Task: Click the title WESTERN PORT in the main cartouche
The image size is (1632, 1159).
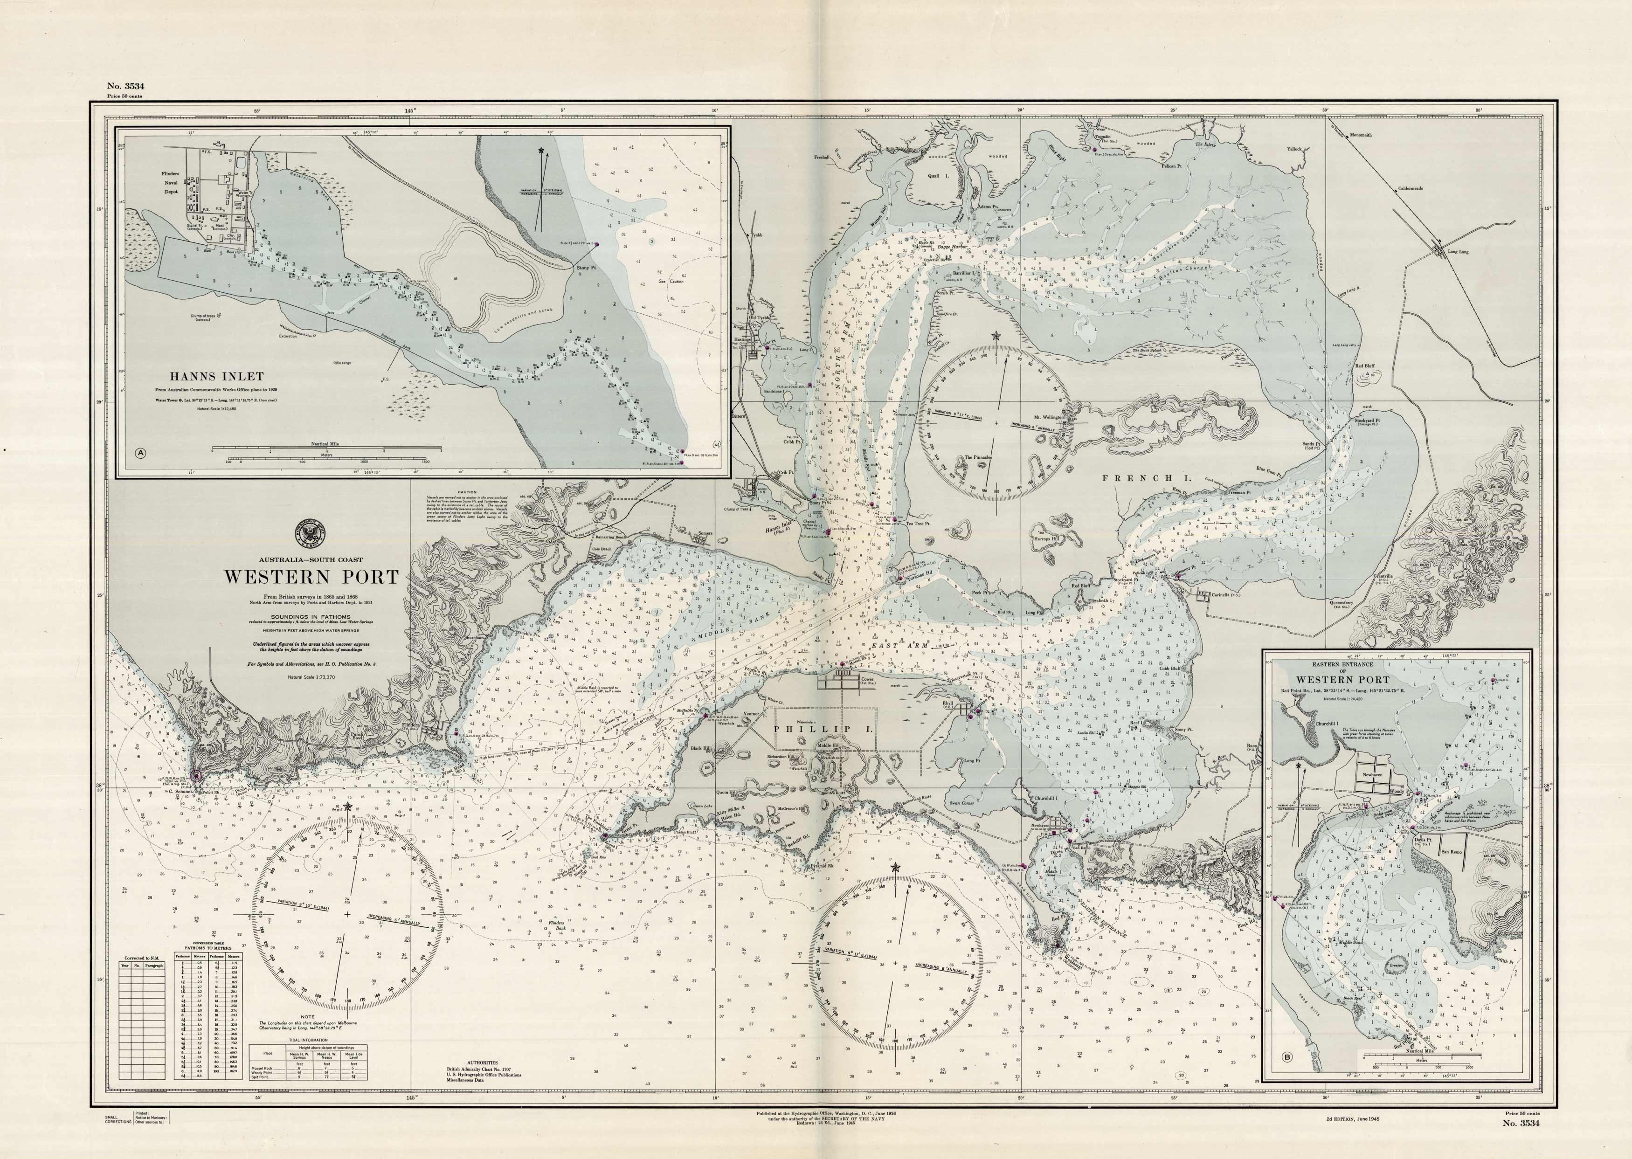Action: (312, 577)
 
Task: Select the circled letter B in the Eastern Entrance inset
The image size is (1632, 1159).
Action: (1286, 1077)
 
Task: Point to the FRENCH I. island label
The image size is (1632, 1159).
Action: (1140, 479)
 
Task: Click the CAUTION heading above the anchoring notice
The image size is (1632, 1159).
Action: (467, 492)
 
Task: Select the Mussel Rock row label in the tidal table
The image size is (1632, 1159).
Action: (261, 1069)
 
